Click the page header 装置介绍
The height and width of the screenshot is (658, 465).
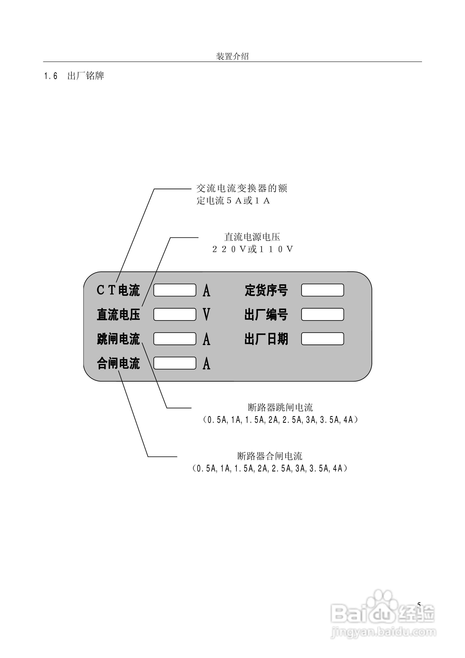[232, 56]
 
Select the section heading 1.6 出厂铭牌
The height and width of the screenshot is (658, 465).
[74, 76]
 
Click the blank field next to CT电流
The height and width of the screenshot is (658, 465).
[175, 290]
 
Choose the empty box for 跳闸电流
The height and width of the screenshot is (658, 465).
[175, 339]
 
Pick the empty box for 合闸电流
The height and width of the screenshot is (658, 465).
[175, 363]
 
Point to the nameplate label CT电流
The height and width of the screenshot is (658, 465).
[118, 290]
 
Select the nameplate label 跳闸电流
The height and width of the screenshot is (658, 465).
[118, 339]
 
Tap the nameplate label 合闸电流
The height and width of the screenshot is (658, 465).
[118, 363]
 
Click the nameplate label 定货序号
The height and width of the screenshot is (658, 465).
[266, 290]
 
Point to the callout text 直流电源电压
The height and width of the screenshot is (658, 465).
[252, 237]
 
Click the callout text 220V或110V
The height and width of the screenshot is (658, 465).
[252, 249]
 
